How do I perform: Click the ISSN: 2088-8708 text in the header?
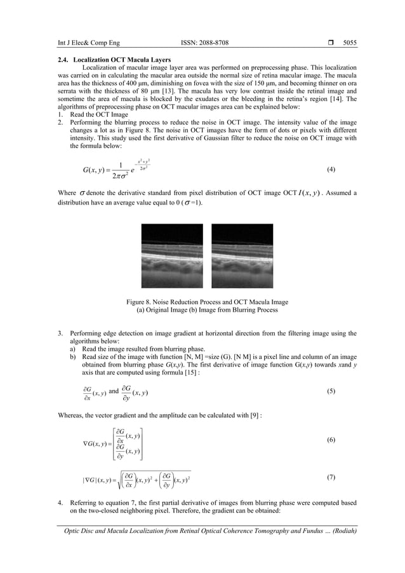204,43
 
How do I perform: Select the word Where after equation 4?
65,193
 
